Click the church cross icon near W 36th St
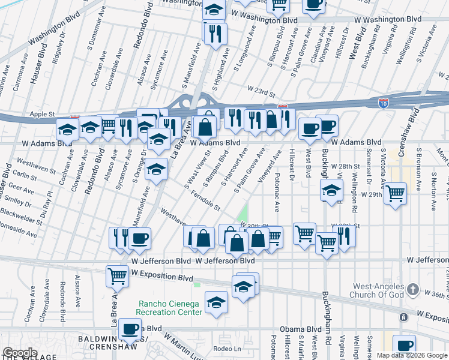click(x=412, y=290)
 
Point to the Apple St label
click(x=42, y=113)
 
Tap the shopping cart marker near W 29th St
click(x=395, y=193)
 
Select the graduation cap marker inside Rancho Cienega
click(x=216, y=302)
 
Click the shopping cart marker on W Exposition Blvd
click(x=116, y=275)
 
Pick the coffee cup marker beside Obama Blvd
click(x=130, y=328)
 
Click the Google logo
click(x=19, y=353)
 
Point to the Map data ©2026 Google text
click(x=412, y=355)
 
